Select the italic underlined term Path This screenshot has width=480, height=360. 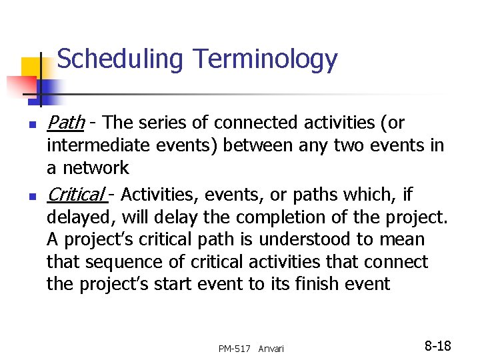coord(65,123)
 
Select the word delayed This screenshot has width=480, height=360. coord(74,217)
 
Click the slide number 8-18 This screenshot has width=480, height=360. coord(438,346)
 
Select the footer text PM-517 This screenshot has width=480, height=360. coord(234,349)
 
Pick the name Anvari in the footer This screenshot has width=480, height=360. coord(271,349)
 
